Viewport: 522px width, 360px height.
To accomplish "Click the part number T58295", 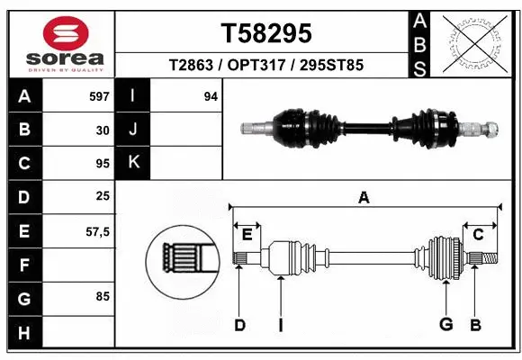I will click(266, 33).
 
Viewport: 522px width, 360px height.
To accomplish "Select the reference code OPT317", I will click(264, 66).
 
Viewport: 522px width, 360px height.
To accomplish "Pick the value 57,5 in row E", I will click(97, 231).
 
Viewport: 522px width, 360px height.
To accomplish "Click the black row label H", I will click(24, 332).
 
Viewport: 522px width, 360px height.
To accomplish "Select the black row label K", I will click(133, 163).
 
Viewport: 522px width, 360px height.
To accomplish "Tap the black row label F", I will click(24, 265).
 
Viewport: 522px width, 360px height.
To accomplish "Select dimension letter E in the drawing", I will click(247, 235).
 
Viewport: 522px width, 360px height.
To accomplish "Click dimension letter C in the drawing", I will click(478, 235).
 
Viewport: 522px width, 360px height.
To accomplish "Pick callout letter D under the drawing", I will click(239, 325).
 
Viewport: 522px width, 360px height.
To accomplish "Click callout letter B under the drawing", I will click(475, 325).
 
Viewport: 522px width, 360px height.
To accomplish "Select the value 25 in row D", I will click(102, 197).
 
